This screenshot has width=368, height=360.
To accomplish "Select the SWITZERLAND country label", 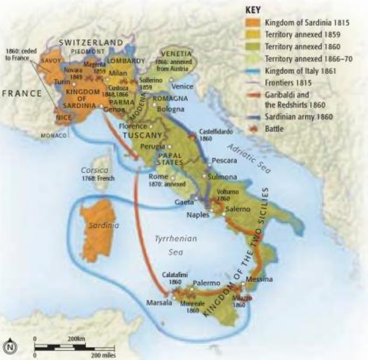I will (91, 42).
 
